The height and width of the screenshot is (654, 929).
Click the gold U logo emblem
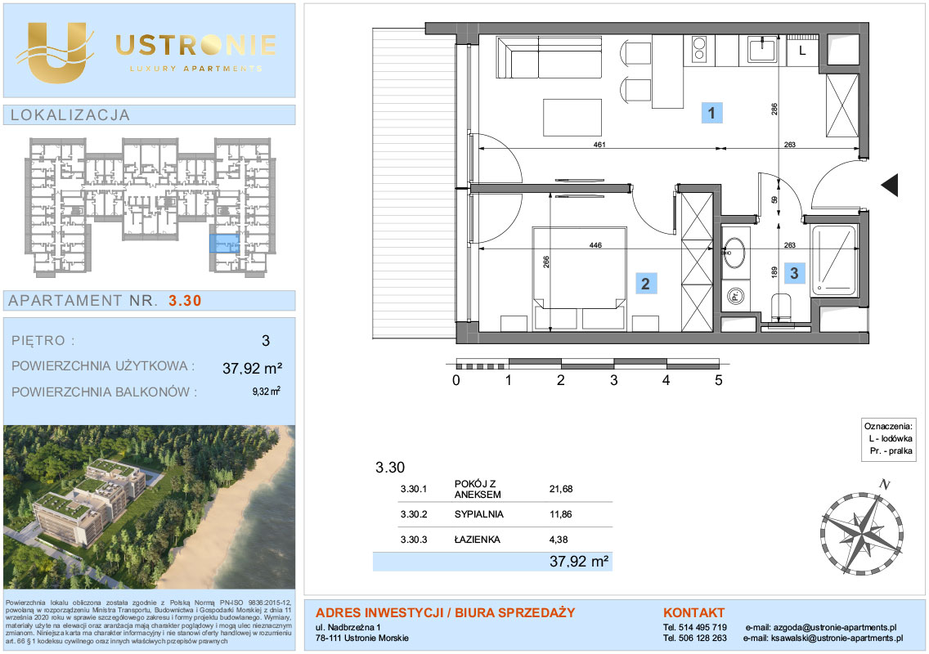coord(55,52)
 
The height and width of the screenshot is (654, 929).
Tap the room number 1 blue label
coord(711,113)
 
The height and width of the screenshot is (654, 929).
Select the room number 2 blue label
coord(645,283)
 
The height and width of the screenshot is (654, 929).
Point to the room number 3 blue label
coord(794,273)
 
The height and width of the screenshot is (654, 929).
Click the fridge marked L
coord(802,51)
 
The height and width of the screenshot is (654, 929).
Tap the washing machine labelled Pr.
coord(734,294)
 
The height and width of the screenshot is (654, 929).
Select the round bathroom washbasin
coord(734,253)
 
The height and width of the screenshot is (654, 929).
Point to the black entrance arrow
coord(889,186)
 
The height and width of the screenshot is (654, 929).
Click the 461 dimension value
coord(599,145)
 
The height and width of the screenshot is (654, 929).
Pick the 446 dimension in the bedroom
coord(595,245)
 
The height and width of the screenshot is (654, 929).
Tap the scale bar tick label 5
coord(719,380)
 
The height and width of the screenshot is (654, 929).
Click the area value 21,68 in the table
coord(560,489)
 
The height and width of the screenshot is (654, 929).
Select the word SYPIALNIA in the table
coord(478,514)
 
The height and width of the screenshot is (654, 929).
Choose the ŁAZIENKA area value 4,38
coord(558,540)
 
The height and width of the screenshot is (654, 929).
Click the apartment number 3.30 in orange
coord(185,300)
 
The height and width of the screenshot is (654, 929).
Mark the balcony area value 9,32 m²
coord(266,392)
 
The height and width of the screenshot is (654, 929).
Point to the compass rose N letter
coord(884,485)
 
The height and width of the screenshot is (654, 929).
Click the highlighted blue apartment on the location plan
coord(225,244)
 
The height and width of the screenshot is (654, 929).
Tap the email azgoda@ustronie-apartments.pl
coord(834,627)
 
